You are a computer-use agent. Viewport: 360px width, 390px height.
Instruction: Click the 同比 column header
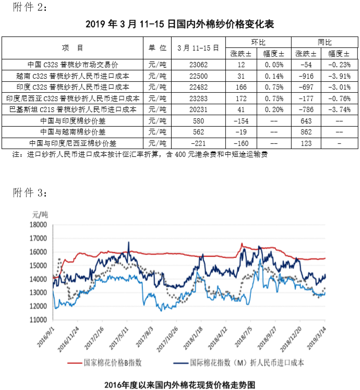(x=325, y=42)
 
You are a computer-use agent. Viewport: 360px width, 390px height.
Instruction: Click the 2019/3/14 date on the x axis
(x=318, y=334)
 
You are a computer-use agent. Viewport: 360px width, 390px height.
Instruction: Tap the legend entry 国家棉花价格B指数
(x=113, y=362)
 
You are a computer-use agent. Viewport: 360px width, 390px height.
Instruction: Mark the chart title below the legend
(x=179, y=383)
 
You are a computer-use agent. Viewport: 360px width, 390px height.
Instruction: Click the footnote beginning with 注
(x=141, y=154)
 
